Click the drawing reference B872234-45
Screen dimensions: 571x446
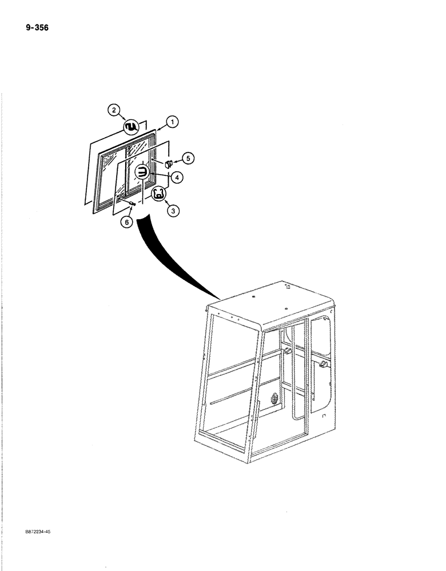[x=38, y=531]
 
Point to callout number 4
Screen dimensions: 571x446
[x=177, y=178]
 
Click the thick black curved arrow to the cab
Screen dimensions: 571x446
[x=172, y=263]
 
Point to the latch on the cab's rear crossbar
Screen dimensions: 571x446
[x=286, y=349]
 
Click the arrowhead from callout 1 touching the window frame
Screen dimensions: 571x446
[x=156, y=131]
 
